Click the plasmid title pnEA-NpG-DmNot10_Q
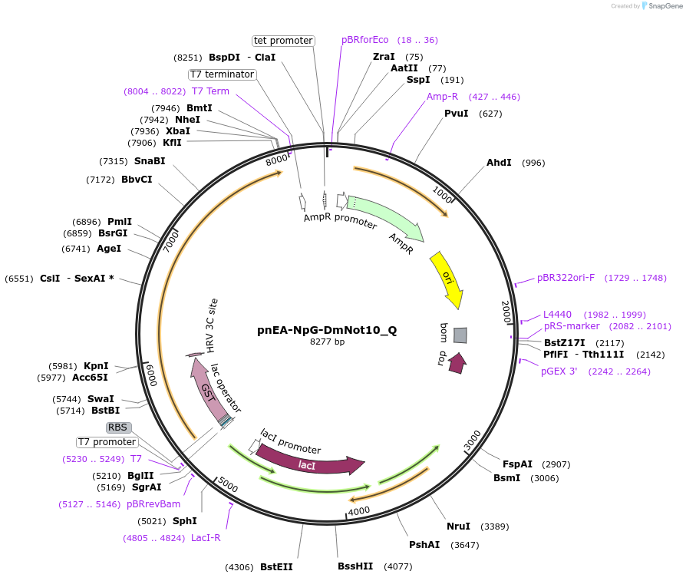coord(327,330)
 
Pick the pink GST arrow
coord(205,388)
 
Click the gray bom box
coord(460,335)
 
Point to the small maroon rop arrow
coord(457,363)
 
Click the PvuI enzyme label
coord(456,114)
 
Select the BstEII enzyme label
coord(276,567)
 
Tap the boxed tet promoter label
coord(283,41)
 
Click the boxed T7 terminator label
coord(222,74)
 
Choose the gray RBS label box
coord(118,427)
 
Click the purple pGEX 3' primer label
coord(563,371)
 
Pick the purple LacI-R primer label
coord(206,538)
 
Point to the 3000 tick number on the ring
coord(473,440)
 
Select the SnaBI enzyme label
coord(150,161)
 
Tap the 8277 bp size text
coord(327,342)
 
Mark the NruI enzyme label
coord(459,527)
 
